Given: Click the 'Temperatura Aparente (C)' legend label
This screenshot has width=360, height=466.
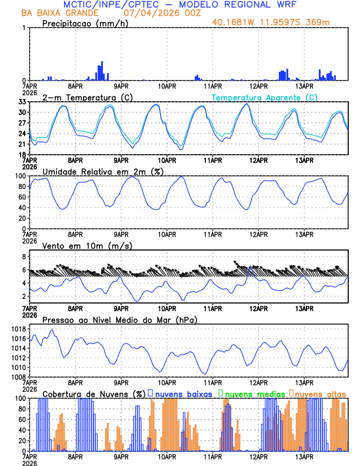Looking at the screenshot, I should pyautogui.click(x=265, y=97).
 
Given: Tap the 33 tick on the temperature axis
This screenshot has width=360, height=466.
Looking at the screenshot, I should pyautogui.click(x=22, y=102).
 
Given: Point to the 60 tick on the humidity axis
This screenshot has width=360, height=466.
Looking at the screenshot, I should pyautogui.click(x=22, y=197).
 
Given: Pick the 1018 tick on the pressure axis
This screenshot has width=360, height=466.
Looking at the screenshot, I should pyautogui.click(x=18, y=329).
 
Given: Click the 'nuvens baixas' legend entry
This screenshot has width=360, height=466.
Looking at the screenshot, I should pyautogui.click(x=182, y=393).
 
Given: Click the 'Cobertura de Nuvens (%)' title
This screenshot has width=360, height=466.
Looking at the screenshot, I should pyautogui.click(x=94, y=393).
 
